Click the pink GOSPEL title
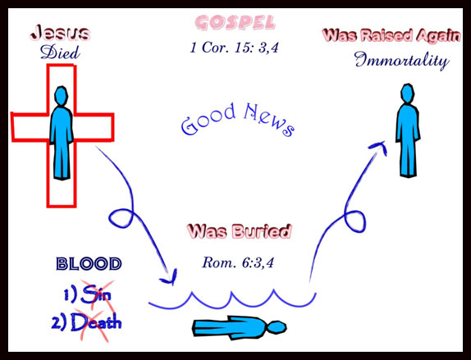pos(235,23)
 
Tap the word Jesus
pos(60,33)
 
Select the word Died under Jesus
pos(60,52)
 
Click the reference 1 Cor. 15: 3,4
pos(235,48)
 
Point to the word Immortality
pos(401,61)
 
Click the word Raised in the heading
pos(387,35)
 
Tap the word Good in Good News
pos(208,119)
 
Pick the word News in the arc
pos(268,120)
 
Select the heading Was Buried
pos(239,231)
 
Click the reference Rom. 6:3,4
pos(238,262)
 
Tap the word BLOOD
pos(89,264)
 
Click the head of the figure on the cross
pos(62,96)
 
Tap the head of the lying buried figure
pos(277,327)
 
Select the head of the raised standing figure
pos(407,93)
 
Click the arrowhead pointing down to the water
pos(171,280)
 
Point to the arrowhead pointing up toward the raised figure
pos(379,146)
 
